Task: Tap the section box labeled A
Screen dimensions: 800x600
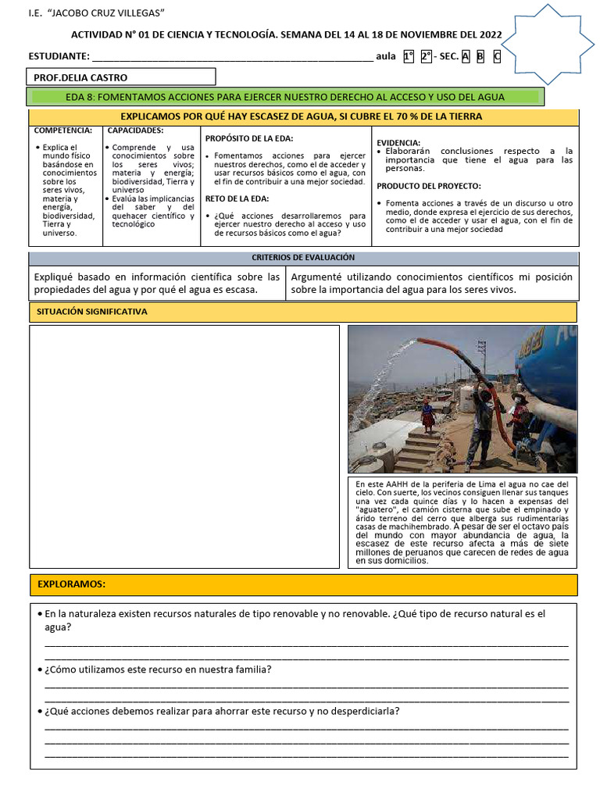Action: point(466,56)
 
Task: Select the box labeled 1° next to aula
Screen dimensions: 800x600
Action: point(408,56)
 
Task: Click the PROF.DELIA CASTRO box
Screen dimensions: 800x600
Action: point(121,77)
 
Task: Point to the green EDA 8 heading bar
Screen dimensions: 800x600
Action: point(284,97)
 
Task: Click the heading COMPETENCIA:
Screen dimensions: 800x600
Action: point(64,130)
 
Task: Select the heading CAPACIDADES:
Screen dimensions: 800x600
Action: point(135,130)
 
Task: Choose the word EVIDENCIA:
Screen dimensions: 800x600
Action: point(398,142)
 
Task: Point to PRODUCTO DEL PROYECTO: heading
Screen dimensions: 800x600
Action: point(429,186)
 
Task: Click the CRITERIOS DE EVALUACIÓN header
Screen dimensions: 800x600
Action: point(303,257)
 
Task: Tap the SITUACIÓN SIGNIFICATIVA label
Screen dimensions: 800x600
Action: point(92,312)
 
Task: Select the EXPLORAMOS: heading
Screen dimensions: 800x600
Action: point(71,584)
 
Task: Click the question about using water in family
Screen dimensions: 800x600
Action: point(158,670)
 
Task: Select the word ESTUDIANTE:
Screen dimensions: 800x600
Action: point(59,56)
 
